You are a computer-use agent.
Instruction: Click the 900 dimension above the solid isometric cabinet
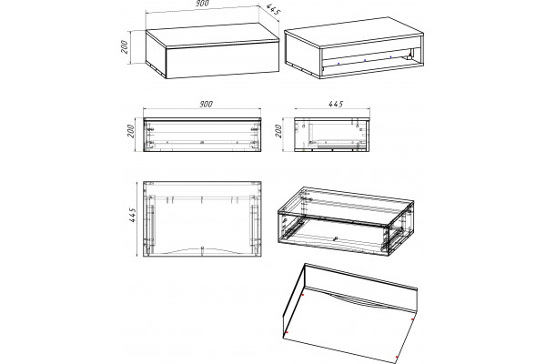click(202, 3)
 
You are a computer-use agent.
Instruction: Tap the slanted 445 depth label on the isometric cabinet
click(274, 10)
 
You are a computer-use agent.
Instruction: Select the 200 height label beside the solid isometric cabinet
click(125, 47)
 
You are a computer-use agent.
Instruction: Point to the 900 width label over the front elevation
click(206, 104)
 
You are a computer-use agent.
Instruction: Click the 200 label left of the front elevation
click(130, 131)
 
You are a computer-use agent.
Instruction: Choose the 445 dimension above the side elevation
click(336, 104)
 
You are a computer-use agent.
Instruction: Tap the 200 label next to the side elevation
click(278, 131)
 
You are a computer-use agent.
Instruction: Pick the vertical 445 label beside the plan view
click(132, 215)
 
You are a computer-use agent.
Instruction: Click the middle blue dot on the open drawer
click(365, 60)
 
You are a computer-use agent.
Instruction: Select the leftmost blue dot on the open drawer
click(339, 64)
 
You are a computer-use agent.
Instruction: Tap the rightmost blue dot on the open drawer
click(390, 56)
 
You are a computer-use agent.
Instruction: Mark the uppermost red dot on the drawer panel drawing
click(303, 295)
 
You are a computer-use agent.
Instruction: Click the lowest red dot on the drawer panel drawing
click(397, 357)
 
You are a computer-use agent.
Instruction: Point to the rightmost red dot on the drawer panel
click(412, 319)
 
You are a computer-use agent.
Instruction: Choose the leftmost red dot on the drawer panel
click(287, 333)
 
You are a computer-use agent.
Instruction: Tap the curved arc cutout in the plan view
click(202, 249)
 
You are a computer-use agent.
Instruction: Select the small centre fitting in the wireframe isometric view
click(336, 239)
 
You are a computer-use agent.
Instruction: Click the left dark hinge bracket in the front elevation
click(151, 129)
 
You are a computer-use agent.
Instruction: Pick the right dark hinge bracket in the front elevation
click(255, 129)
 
